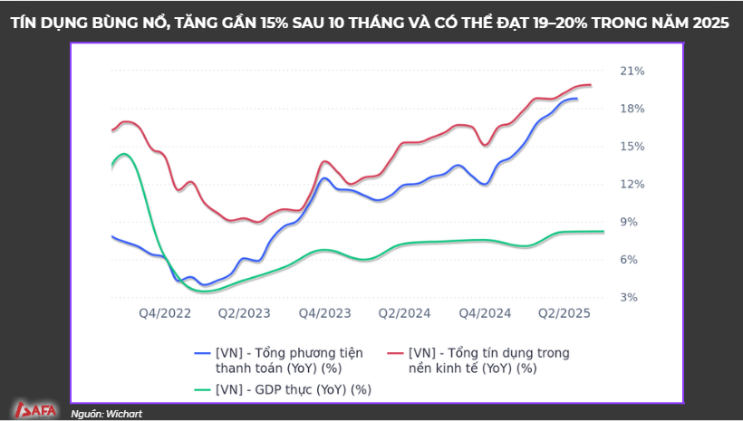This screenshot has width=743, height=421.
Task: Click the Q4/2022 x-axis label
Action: pyautogui.click(x=164, y=313)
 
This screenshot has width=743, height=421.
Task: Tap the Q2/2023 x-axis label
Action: pyautogui.click(x=244, y=313)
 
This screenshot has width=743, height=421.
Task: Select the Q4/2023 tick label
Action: pyautogui.click(x=323, y=313)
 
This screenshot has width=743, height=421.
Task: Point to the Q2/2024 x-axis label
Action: pyautogui.click(x=404, y=313)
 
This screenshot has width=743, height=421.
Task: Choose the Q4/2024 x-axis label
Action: pyautogui.click(x=485, y=313)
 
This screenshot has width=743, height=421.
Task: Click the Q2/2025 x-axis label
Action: pyautogui.click(x=564, y=313)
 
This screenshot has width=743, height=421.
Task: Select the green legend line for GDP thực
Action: pyautogui.click(x=203, y=389)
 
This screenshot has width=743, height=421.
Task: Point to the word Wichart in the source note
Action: pyautogui.click(x=123, y=414)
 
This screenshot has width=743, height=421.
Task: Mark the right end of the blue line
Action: pyautogui.click(x=576, y=99)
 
